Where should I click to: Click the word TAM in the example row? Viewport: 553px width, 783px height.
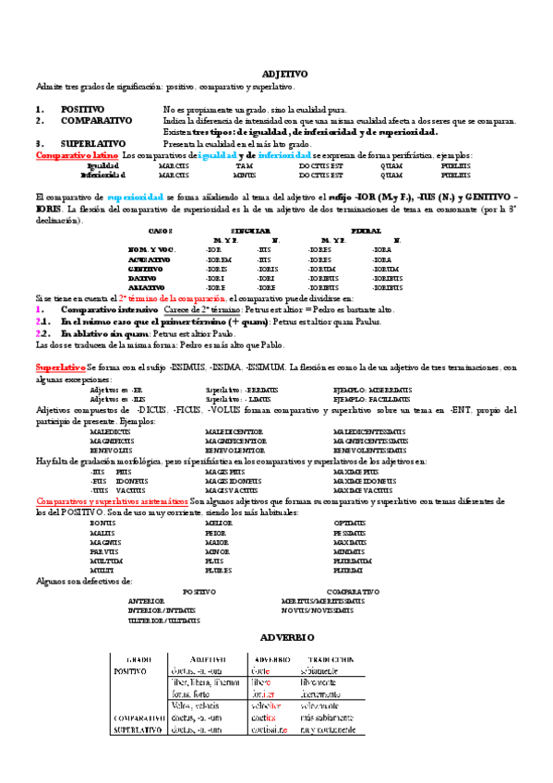point(244,164)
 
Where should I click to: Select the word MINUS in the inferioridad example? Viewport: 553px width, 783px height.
point(245,174)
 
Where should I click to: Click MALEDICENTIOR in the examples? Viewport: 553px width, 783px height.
point(234,431)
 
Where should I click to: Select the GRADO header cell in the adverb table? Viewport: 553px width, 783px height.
point(138,659)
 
